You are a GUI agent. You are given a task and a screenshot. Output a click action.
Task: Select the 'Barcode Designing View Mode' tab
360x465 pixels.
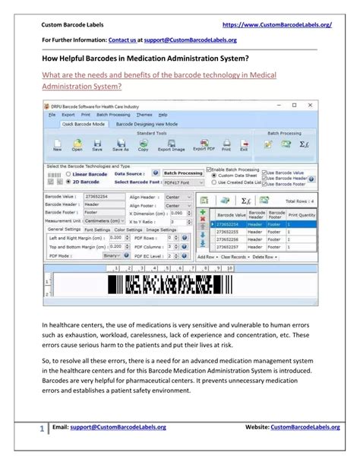147,124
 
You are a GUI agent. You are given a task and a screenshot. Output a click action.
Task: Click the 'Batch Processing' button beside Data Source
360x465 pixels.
183,173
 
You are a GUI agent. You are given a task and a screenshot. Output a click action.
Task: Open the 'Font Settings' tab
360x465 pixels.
97,229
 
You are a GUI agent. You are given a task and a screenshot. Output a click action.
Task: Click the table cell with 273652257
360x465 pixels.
227,247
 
